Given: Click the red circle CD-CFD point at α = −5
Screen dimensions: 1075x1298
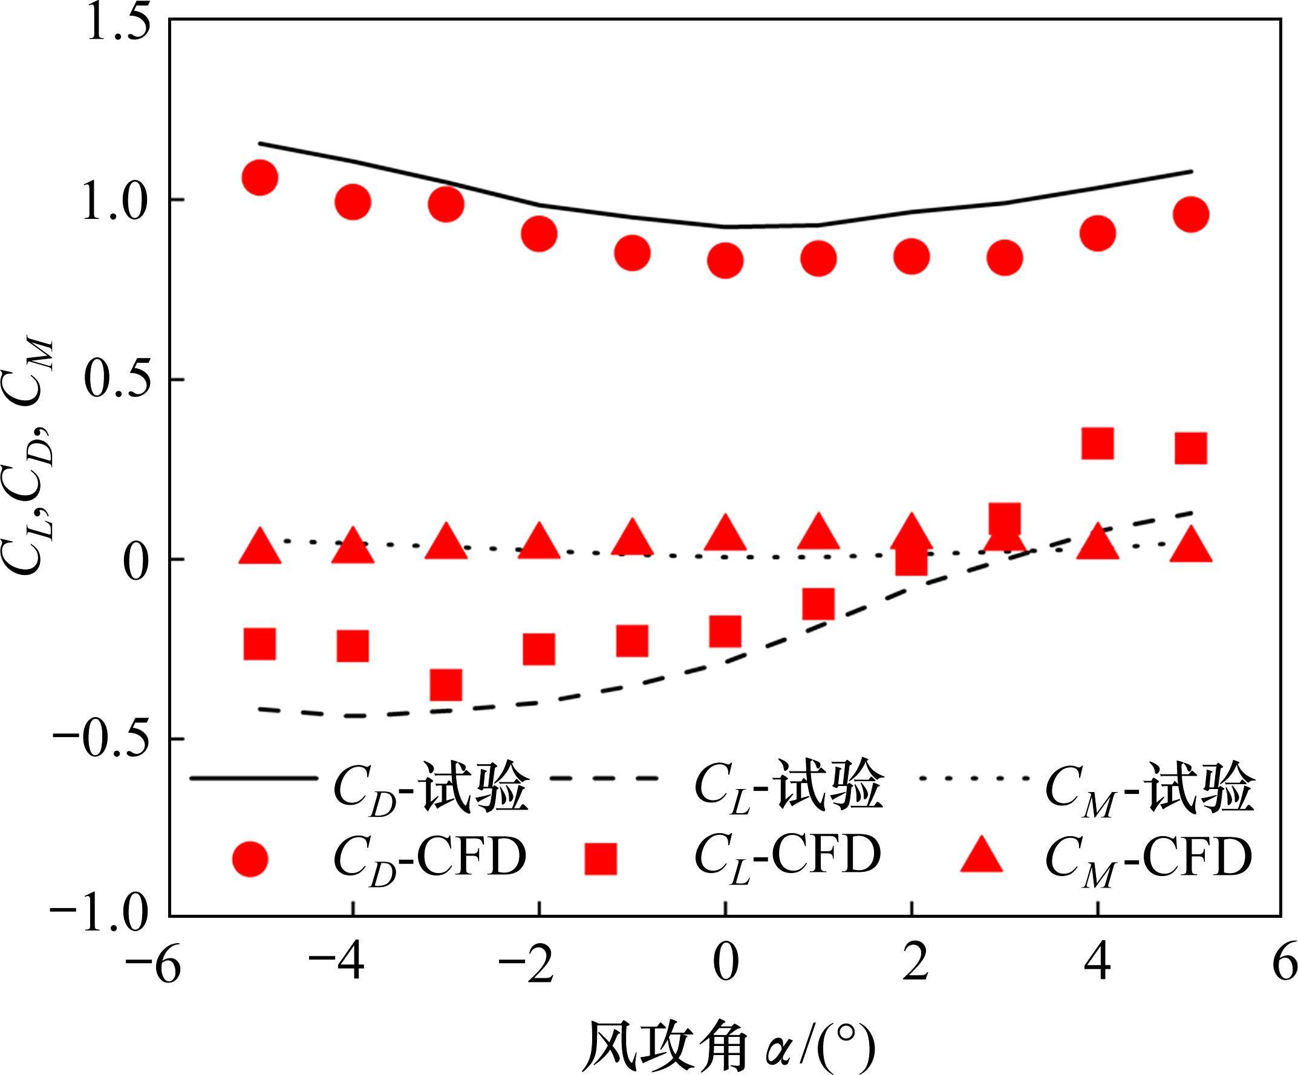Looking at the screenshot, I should [x=259, y=178].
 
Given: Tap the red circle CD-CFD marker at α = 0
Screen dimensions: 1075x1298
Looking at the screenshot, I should [x=725, y=260].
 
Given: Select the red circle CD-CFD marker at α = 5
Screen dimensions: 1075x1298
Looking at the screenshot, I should [x=1190, y=215].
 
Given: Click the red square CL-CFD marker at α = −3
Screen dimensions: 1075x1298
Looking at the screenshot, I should [x=446, y=684].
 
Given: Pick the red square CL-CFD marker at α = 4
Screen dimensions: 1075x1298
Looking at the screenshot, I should [x=1097, y=443].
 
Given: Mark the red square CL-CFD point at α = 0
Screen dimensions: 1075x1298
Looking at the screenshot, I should [x=725, y=631].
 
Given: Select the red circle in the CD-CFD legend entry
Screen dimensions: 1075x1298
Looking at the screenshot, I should [x=250, y=858].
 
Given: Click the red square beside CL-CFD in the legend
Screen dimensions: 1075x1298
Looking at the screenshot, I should [x=600, y=859].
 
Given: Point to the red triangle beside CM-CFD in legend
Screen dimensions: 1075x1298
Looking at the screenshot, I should [x=982, y=856].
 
